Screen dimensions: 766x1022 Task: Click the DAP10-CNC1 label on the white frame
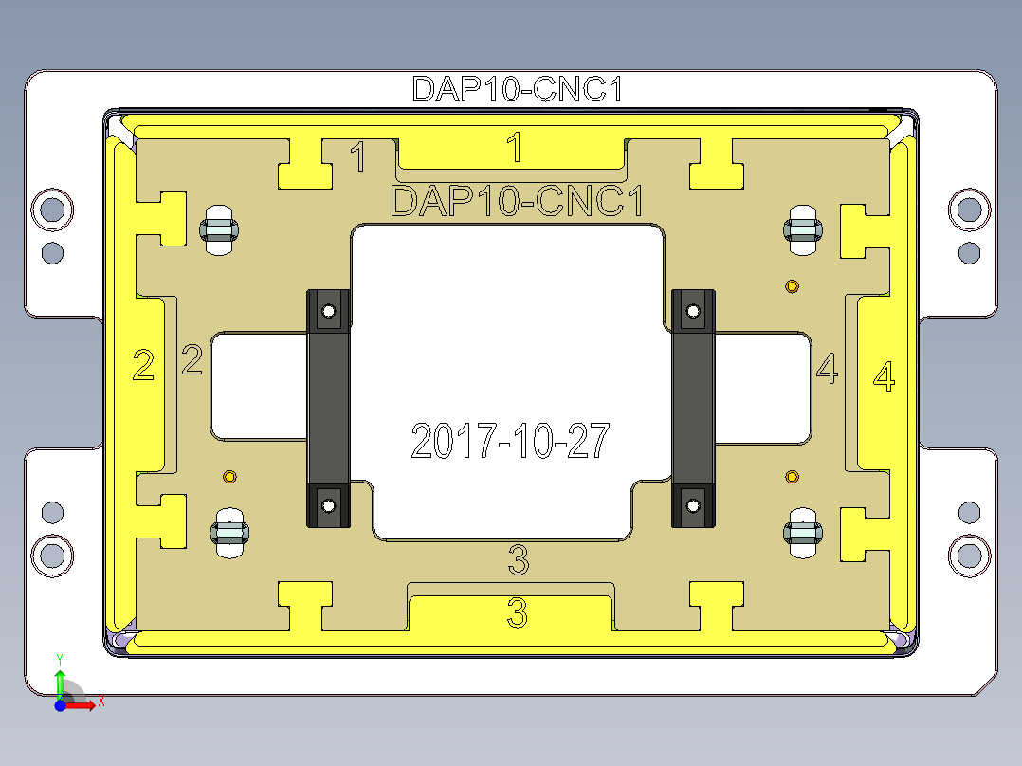point(518,89)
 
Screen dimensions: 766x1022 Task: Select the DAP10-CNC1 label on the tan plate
point(518,202)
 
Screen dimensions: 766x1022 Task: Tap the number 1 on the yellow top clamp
point(514,148)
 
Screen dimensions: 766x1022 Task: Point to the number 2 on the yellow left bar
point(143,365)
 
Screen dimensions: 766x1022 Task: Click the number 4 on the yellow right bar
point(883,377)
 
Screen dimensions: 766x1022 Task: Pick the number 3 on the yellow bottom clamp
point(517,613)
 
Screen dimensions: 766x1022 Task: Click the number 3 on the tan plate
point(518,561)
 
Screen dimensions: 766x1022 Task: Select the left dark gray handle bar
point(328,408)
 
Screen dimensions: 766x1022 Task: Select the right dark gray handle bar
point(693,408)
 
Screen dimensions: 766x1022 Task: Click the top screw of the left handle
point(329,311)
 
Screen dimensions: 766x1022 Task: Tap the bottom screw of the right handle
point(693,504)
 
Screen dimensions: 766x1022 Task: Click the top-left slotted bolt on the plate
point(219,228)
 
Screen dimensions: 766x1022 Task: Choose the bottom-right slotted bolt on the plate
point(802,535)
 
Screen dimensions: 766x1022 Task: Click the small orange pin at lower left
point(228,476)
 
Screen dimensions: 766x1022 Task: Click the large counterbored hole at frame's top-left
point(52,209)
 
